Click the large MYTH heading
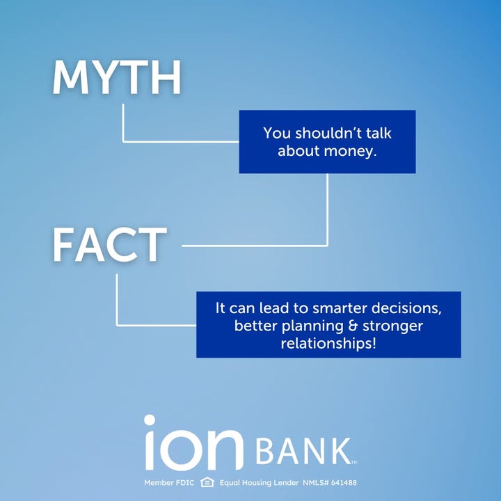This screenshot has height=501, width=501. click(117, 77)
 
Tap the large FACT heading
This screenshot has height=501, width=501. click(110, 245)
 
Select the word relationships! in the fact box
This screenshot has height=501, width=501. click(328, 344)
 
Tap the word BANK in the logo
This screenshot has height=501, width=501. click(303, 451)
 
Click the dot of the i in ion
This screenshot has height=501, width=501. click(150, 420)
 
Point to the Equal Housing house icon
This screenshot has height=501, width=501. click(207, 482)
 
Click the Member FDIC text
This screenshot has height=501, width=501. click(169, 482)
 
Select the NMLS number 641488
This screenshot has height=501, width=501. click(344, 482)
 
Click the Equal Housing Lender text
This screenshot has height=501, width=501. click(259, 482)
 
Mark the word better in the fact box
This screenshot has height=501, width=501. click(256, 326)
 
